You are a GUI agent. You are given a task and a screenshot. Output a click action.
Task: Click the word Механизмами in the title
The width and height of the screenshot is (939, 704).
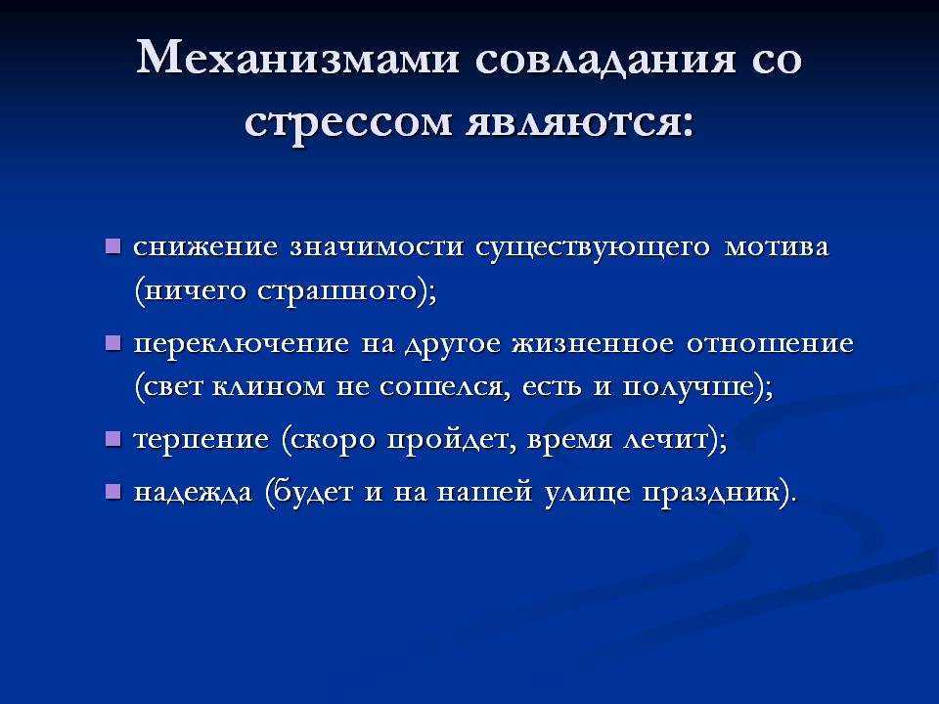(x=297, y=58)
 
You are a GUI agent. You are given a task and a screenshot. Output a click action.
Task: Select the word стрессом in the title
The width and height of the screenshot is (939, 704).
(x=348, y=123)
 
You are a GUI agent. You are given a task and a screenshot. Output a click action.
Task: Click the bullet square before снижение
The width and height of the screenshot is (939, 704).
(x=112, y=246)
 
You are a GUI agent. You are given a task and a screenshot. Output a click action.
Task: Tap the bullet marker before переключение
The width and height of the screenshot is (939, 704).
(x=112, y=343)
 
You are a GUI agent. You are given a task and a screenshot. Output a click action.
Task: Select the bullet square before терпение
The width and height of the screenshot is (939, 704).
(x=112, y=439)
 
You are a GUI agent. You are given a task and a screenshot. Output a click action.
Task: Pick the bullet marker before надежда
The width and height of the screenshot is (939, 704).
(x=112, y=492)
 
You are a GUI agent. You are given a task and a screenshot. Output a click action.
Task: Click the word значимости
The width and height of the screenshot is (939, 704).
(x=377, y=247)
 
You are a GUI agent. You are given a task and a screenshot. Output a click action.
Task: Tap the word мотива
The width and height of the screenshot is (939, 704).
(x=777, y=247)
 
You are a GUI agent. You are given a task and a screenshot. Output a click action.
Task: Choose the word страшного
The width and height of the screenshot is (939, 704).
(x=337, y=291)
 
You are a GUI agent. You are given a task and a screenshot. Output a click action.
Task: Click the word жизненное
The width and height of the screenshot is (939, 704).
(x=593, y=344)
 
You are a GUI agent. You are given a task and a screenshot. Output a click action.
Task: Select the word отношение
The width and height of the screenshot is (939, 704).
(x=770, y=345)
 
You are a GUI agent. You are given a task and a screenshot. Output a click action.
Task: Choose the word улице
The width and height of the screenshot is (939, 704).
(x=588, y=493)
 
